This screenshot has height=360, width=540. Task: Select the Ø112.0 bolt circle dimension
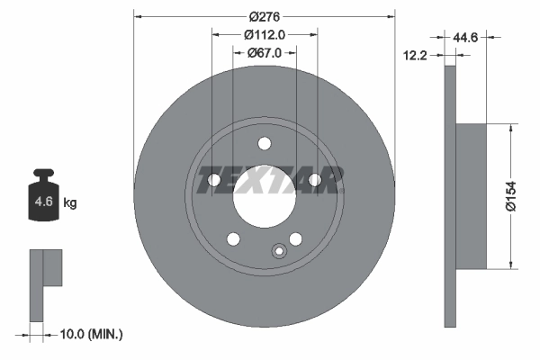pyautogui.click(x=265, y=34)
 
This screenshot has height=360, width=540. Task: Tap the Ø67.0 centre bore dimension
pyautogui.click(x=265, y=53)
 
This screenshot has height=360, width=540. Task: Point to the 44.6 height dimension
pyautogui.click(x=465, y=38)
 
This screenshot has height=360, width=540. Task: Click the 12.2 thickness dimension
pyautogui.click(x=415, y=55)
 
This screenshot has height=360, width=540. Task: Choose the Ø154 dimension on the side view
pyautogui.click(x=510, y=195)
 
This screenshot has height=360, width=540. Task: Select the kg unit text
pyautogui.click(x=70, y=203)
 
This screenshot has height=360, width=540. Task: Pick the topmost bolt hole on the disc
pyautogui.click(x=264, y=143)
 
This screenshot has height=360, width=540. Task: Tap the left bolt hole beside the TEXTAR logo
pyautogui.click(x=214, y=181)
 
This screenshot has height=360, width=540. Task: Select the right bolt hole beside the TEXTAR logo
pyautogui.click(x=315, y=181)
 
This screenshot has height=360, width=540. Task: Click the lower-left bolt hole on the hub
pyautogui.click(x=233, y=238)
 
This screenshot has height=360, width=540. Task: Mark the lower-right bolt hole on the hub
pyautogui.click(x=295, y=238)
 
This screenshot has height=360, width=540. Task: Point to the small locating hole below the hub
pyautogui.click(x=279, y=251)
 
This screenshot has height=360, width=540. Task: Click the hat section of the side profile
pyautogui.click(x=470, y=195)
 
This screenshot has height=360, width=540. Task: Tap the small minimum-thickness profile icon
pyautogui.click(x=45, y=279)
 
